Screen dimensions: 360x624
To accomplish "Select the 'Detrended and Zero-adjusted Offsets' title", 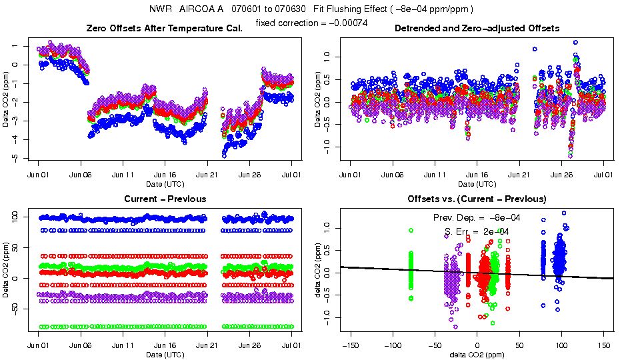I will (x=477, y=28).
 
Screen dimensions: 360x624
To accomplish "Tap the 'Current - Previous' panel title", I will (x=165, y=199).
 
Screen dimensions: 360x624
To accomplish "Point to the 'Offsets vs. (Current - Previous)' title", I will (x=477, y=199).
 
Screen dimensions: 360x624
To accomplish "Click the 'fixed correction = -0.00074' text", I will (x=312, y=23).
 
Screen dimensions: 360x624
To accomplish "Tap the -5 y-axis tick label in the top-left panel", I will (x=24, y=158).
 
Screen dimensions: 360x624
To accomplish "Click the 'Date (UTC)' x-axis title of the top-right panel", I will (x=477, y=184).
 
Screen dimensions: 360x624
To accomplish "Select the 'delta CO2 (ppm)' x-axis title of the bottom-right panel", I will (x=477, y=355).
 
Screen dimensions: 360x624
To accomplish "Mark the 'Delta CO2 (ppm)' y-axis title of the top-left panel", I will (x=7, y=100).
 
